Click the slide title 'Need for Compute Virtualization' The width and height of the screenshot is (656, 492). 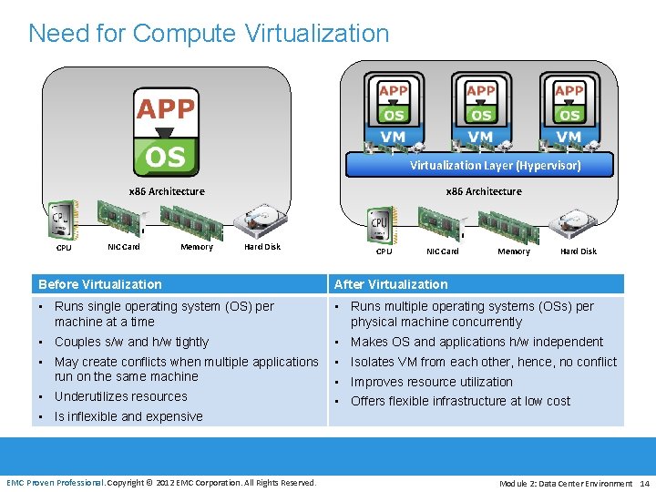point(209,34)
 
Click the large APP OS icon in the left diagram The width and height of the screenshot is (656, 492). point(165,131)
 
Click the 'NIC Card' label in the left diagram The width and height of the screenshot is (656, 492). point(124,247)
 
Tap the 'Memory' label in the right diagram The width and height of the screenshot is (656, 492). point(514,251)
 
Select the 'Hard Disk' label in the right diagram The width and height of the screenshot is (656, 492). point(579,251)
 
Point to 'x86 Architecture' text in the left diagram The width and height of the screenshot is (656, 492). point(166,191)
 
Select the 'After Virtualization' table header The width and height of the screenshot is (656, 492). point(391,284)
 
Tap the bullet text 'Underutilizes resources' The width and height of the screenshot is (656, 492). point(120,396)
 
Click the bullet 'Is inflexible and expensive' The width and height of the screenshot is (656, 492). point(128,416)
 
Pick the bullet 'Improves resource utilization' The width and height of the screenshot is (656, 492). point(431,382)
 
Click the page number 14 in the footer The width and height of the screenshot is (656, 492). point(644,483)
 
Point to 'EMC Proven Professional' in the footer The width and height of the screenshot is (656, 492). point(56,483)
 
